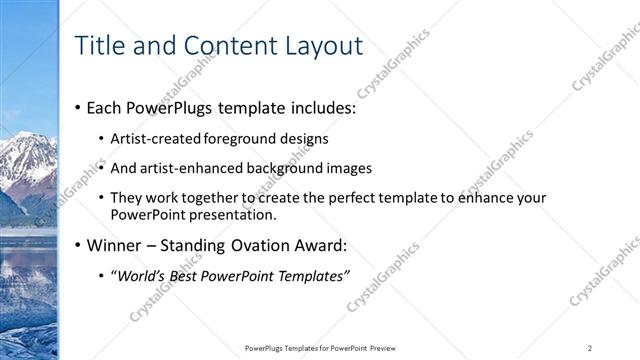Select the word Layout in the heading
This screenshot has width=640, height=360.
(x=322, y=45)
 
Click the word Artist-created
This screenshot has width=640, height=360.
(x=156, y=138)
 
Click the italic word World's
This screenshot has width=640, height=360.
(x=141, y=276)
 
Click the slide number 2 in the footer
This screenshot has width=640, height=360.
(x=590, y=348)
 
